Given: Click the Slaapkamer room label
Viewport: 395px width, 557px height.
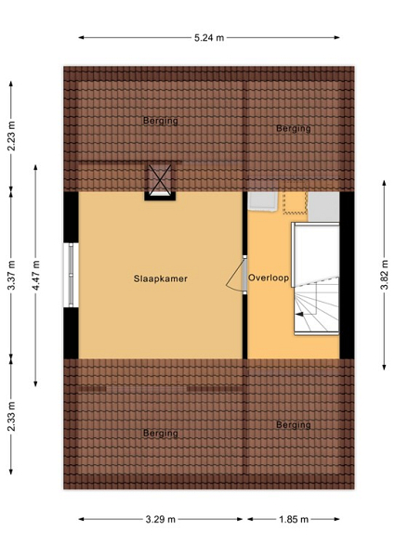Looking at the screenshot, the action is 161,278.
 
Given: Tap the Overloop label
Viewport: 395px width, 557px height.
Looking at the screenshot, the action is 269,278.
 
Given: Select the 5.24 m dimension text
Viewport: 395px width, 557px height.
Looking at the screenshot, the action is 209,38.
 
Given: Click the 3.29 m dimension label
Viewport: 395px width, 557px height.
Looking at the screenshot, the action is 161,519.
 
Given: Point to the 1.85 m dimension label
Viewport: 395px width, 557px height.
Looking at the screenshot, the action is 294,519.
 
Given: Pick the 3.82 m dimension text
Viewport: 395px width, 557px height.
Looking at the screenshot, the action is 385,275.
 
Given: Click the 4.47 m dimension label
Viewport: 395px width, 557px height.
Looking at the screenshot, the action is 35,276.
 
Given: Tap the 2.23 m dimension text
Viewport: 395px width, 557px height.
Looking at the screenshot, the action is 11,136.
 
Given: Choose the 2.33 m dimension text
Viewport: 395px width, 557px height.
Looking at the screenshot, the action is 11,416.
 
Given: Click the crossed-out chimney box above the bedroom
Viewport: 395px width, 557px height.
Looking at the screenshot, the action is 160,181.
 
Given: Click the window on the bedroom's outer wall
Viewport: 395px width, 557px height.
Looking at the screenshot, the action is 71,275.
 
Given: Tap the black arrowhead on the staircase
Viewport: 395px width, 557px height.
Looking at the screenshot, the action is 299,314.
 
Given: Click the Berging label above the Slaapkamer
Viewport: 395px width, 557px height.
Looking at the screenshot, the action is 161,121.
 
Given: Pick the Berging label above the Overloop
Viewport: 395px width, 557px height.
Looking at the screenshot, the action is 294,128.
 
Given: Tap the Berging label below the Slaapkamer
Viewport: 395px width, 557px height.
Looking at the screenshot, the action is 161,433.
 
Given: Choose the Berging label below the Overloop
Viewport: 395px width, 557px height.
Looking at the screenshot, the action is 294,424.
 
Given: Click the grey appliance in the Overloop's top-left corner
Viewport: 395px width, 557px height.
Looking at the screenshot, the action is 263,201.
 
